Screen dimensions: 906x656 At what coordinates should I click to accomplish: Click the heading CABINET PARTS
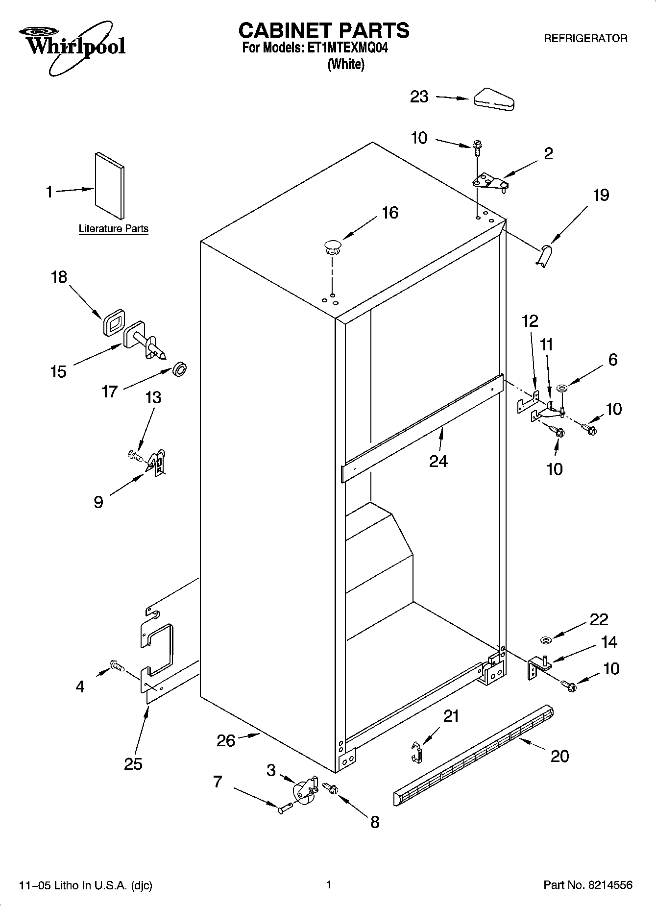323,30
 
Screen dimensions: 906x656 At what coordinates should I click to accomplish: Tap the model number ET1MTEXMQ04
347,49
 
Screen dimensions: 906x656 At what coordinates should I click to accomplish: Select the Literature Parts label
113,229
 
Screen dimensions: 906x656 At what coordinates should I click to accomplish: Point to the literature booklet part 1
109,185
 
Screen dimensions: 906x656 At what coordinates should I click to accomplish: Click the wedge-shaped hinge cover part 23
493,99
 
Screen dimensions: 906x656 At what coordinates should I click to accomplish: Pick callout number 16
390,213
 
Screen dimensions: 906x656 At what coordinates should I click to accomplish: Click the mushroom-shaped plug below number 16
333,246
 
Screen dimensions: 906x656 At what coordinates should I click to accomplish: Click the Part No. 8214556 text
587,885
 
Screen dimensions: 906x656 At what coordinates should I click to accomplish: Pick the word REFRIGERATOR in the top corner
585,39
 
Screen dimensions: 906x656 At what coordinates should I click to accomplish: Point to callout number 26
226,740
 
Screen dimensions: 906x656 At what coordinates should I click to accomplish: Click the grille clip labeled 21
415,751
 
